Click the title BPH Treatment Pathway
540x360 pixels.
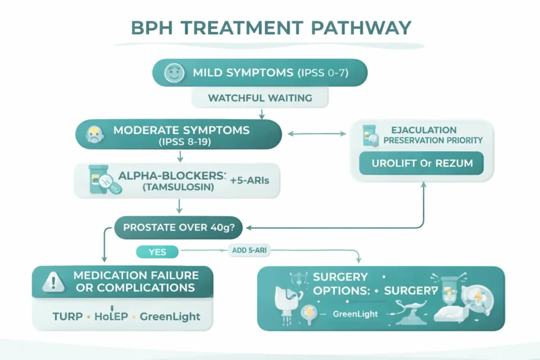pos(269,27)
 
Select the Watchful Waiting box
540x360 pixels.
pos(259,98)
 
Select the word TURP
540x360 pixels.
pos(67,316)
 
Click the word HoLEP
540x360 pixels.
pos(110,316)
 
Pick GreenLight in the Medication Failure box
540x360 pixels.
pos(170,316)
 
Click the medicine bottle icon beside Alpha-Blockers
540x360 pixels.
pos(98,179)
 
